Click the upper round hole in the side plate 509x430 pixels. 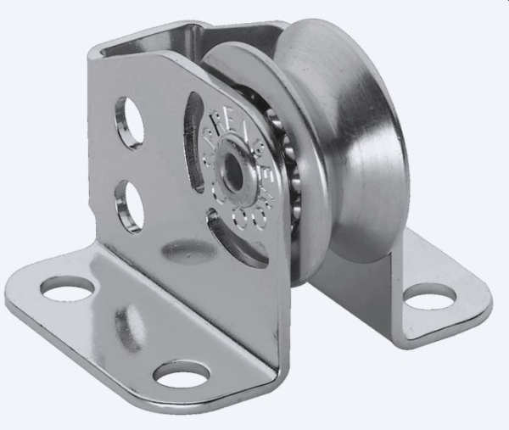pos(130,123)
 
